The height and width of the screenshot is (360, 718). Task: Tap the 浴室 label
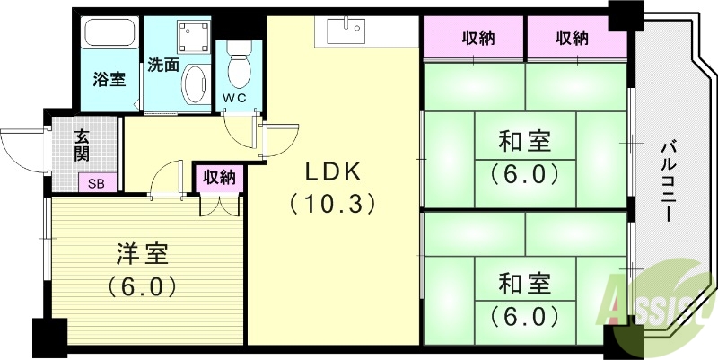109,79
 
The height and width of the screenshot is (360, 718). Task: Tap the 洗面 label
163,65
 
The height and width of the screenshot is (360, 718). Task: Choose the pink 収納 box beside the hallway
219,178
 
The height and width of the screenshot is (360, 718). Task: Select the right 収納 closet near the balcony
572,39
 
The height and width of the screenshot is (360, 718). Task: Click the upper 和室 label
524,142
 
